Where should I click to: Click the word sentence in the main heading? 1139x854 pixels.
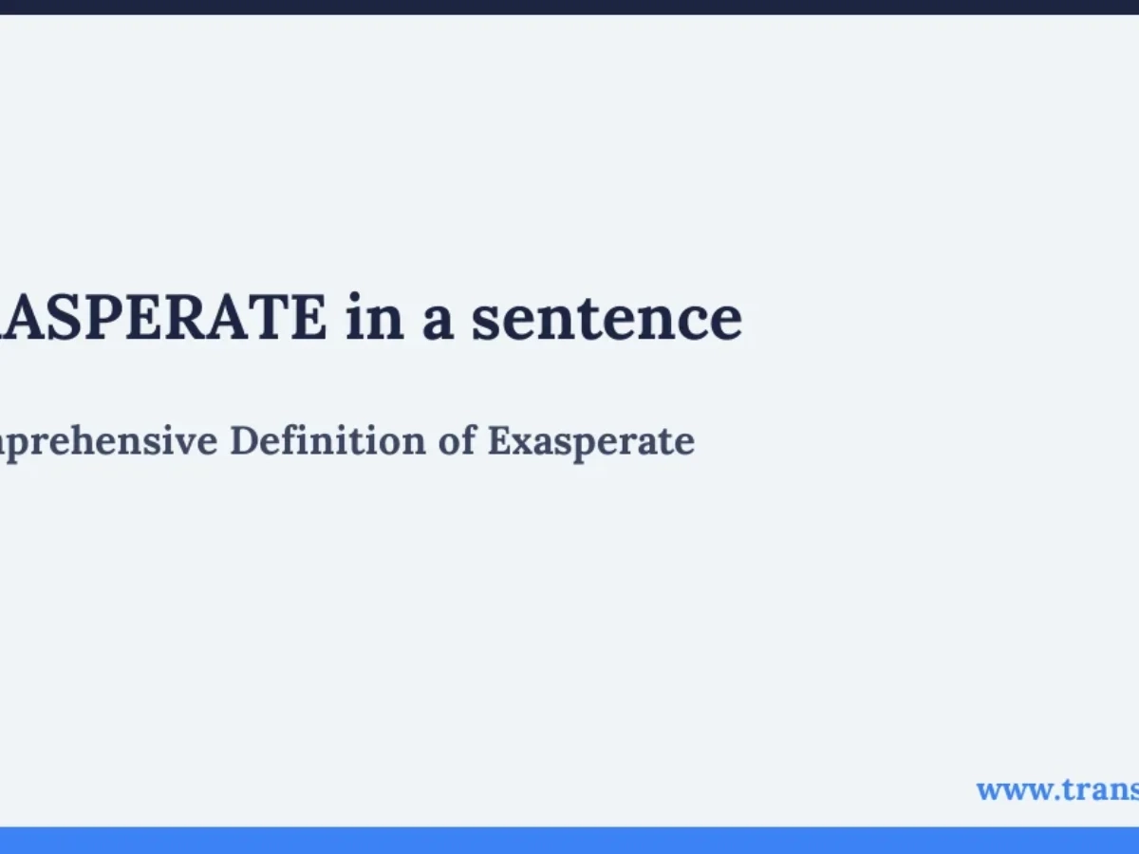pos(607,319)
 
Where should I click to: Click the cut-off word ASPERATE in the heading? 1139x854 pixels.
pos(161,319)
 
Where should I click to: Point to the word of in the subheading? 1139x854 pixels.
pos(457,441)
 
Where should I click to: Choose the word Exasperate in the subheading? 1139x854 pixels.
pos(590,442)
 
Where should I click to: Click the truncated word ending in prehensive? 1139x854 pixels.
pos(108,442)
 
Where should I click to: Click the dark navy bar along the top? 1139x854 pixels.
pos(569,7)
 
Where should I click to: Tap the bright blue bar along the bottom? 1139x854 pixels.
pos(569,840)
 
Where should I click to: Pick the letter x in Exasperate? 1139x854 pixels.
pos(517,443)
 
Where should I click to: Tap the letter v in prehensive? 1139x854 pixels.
pos(196,443)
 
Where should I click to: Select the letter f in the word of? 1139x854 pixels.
pos(468,441)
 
